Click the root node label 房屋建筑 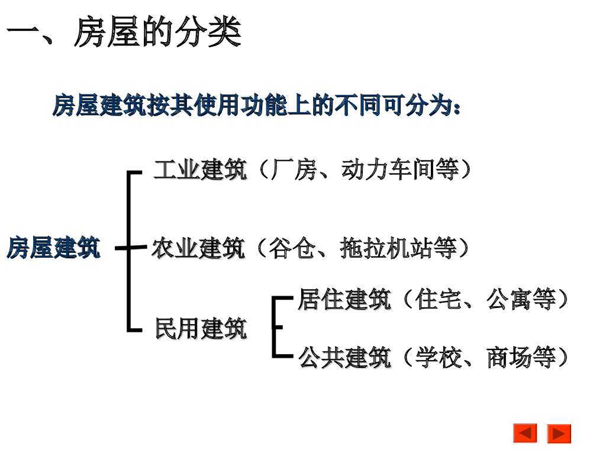click(x=53, y=248)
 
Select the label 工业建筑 click(x=199, y=170)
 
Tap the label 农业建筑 click(x=198, y=248)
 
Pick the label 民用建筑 click(x=201, y=328)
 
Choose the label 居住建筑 click(x=344, y=299)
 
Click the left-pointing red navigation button click(x=525, y=433)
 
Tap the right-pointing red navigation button click(x=559, y=433)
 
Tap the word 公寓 click(x=509, y=299)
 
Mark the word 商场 click(x=509, y=358)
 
